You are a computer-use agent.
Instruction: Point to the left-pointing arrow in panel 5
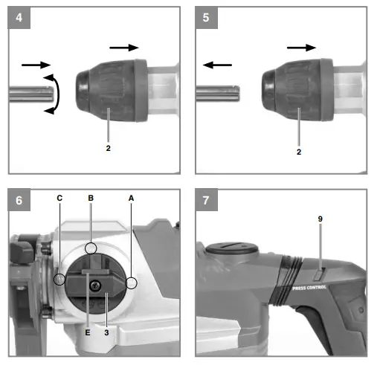[215, 65]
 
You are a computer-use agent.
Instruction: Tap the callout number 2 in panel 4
[109, 148]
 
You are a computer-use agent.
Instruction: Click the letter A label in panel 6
[131, 199]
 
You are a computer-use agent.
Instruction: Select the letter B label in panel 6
[90, 199]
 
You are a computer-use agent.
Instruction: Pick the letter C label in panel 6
[59, 199]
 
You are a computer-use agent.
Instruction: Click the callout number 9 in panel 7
[321, 220]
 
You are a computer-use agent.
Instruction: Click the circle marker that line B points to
[91, 248]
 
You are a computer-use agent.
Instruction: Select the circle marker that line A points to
[131, 283]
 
